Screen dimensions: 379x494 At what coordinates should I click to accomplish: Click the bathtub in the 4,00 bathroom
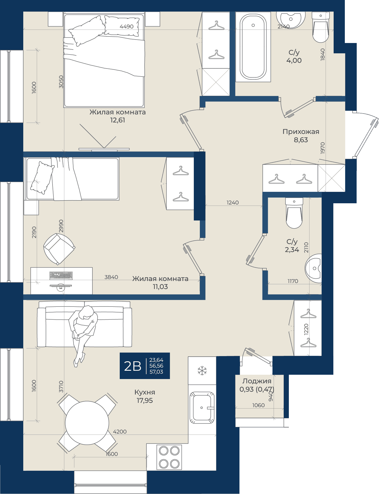(x=253, y=47)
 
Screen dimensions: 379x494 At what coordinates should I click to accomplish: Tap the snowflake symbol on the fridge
(x=202, y=371)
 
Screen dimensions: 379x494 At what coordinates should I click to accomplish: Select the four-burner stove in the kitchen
(x=169, y=457)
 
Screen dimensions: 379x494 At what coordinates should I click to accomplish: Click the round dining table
(x=87, y=423)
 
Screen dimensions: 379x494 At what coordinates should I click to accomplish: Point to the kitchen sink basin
(x=202, y=408)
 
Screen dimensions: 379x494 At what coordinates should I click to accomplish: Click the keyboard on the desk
(x=61, y=276)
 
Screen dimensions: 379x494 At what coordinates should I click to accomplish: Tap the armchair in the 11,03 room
(x=59, y=249)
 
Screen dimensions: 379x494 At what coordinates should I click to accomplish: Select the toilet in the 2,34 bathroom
(x=294, y=213)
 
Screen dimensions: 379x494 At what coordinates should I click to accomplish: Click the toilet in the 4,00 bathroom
(x=320, y=27)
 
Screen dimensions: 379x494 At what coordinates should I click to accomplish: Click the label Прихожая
(x=301, y=132)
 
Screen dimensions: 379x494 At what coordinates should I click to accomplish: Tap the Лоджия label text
(x=257, y=381)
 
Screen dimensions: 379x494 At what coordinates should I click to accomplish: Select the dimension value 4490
(x=127, y=26)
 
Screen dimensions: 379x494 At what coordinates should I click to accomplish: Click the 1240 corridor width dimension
(x=233, y=202)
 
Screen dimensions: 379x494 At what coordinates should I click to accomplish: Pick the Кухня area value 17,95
(x=145, y=401)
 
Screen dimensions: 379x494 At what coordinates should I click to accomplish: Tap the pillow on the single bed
(x=42, y=178)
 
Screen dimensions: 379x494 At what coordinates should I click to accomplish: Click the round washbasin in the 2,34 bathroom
(x=314, y=268)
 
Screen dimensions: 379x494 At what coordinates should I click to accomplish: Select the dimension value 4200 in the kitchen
(x=120, y=431)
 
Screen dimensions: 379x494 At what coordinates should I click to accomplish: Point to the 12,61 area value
(x=118, y=120)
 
